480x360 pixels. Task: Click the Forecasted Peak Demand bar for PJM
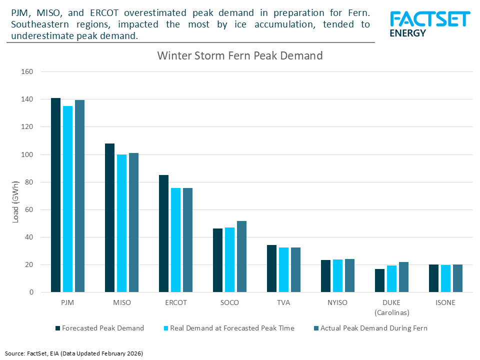tap(55, 195)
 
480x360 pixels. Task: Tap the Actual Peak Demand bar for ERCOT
tap(187, 240)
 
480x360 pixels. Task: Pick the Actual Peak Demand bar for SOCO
tap(241, 256)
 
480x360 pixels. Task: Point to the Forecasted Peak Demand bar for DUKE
tap(379, 280)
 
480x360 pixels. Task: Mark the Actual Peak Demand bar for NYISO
tap(349, 275)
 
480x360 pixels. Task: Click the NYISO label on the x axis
tap(337, 303)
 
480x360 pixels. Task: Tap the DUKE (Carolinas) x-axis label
tap(391, 307)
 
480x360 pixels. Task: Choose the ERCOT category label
tap(175, 303)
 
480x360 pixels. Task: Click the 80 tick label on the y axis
tap(28, 182)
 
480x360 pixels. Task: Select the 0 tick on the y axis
tap(30, 292)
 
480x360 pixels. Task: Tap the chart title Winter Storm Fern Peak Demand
tap(240, 55)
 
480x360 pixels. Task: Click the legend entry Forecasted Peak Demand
tap(103, 328)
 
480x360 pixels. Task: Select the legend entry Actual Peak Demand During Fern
tap(373, 328)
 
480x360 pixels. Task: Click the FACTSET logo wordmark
tap(429, 19)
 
